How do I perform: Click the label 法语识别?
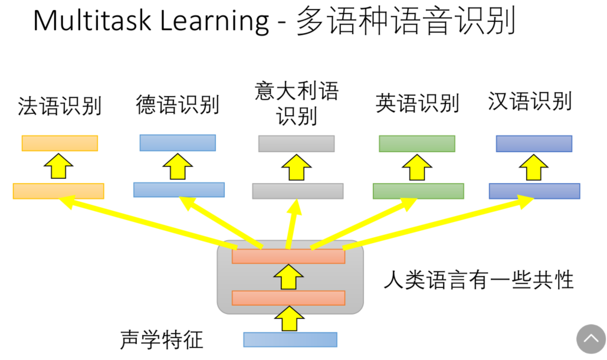tap(60, 106)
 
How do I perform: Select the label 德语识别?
tap(177, 104)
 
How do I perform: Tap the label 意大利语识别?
tap(297, 103)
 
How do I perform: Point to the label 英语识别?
tap(417, 103)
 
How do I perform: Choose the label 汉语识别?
tap(530, 102)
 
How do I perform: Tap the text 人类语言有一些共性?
tap(478, 279)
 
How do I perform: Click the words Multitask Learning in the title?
tap(151, 21)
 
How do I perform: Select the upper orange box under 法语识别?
tap(60, 143)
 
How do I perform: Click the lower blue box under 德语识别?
tap(179, 189)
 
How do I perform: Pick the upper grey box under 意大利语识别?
tap(296, 143)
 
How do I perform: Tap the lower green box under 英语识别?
tap(418, 191)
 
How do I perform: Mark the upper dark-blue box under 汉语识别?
tap(534, 143)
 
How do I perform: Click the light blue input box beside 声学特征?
tap(290, 339)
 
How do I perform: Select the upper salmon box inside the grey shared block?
tap(288, 256)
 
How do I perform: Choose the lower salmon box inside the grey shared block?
tap(288, 298)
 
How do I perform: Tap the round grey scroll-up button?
tap(591, 339)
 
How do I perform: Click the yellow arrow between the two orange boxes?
tap(58, 168)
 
